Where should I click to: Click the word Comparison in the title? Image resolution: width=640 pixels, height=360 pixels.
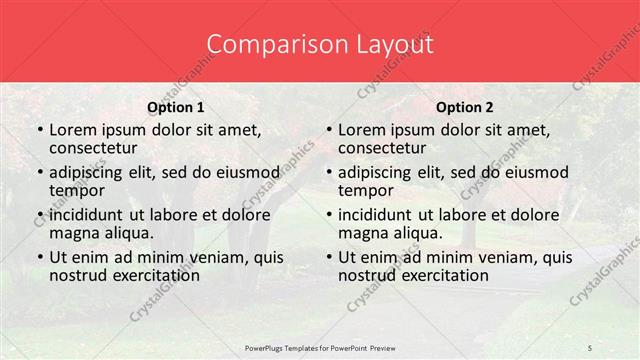(265, 45)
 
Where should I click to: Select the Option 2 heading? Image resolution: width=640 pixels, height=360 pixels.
(465, 106)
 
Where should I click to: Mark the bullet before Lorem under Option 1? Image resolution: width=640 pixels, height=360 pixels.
(40, 129)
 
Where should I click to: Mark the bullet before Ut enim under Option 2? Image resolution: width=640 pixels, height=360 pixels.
(328, 256)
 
